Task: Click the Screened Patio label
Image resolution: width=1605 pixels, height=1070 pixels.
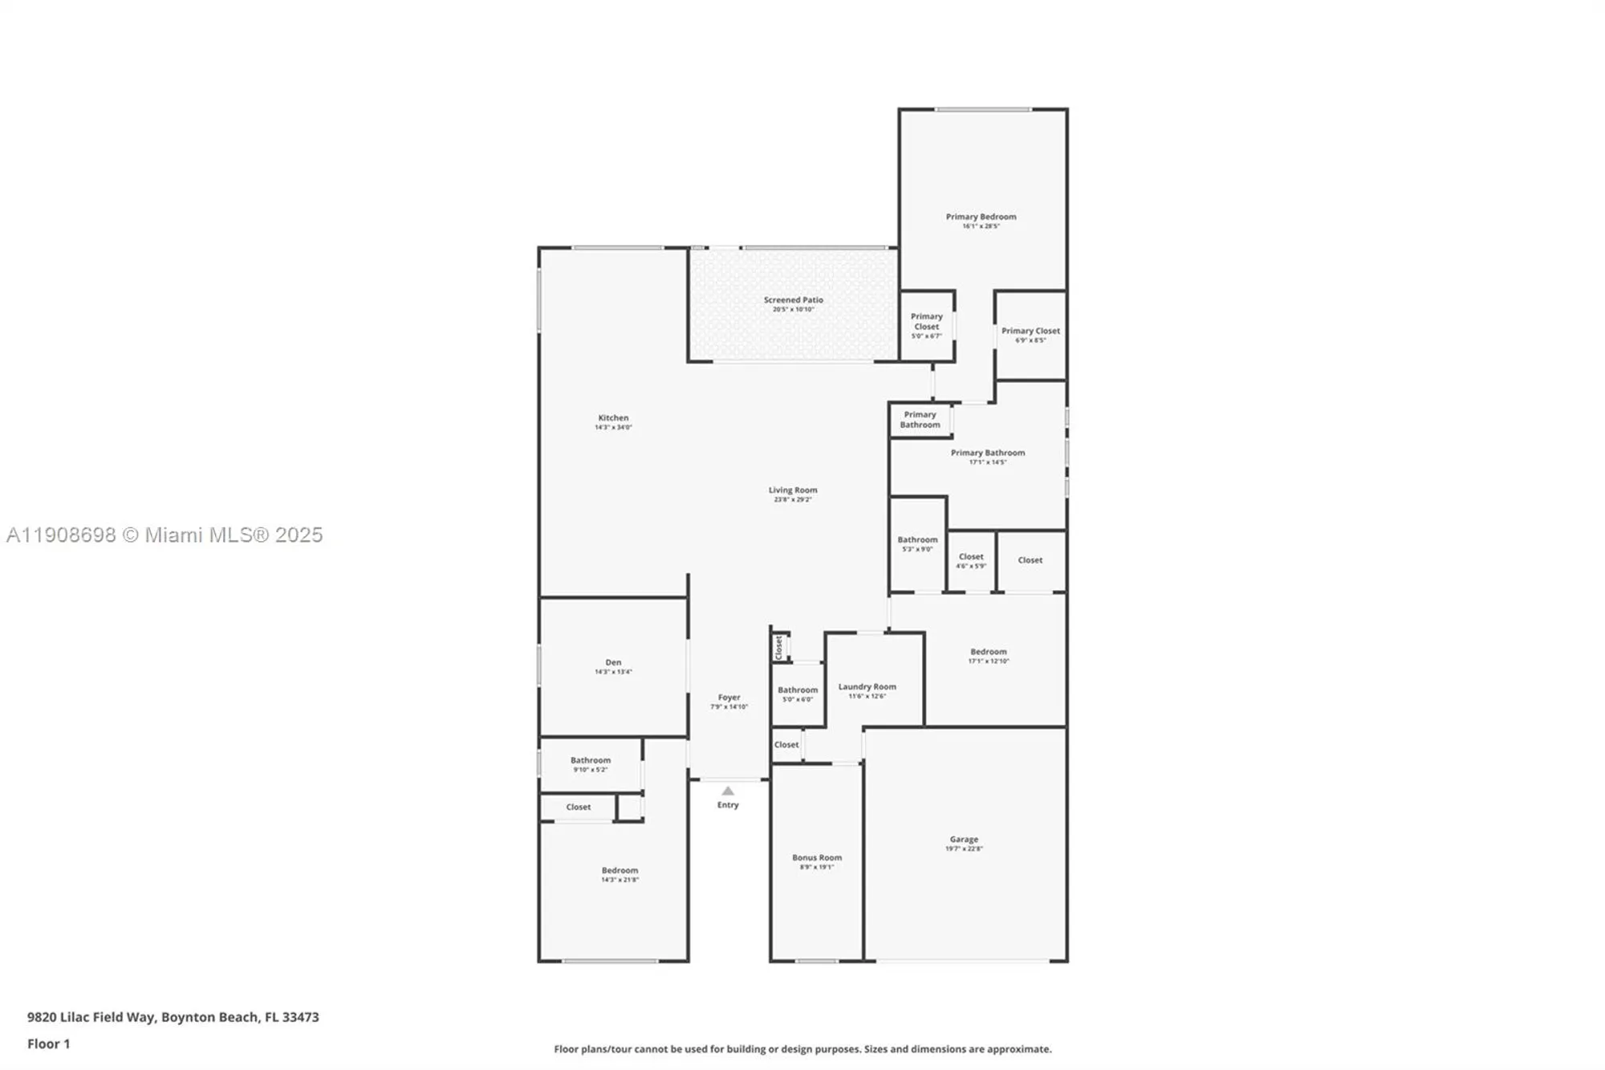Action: coord(793,303)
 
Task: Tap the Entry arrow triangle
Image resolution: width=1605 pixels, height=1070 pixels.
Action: coord(728,791)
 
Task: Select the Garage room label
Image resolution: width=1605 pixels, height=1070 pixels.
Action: coord(964,843)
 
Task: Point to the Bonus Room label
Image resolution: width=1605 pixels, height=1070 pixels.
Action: coord(817,861)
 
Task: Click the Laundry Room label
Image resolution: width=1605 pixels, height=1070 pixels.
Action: coord(867,690)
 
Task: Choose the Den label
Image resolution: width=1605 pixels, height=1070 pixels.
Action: coord(613,666)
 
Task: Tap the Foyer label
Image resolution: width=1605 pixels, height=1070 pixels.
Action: coord(729,702)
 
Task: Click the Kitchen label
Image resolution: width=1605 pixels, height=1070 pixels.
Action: coord(613,421)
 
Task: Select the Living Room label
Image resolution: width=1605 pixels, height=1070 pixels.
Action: coord(793,494)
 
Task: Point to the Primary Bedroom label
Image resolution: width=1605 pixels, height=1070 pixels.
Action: coord(981,220)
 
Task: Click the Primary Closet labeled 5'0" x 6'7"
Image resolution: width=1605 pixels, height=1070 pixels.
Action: coord(926,325)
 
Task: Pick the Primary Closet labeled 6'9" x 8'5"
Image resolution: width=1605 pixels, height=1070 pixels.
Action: coord(1030,334)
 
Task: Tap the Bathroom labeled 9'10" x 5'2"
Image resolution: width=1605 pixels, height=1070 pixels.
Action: coord(591,763)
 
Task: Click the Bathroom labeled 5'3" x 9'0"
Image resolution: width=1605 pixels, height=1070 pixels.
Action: coord(917,543)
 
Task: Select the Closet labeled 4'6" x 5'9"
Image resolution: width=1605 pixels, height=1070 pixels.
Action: coord(970,560)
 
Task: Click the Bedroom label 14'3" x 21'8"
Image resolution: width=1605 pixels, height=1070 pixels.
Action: coord(620,874)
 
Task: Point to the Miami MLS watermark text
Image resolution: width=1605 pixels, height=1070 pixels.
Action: coord(164,535)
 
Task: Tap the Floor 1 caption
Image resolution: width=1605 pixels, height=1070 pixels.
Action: coord(48,1044)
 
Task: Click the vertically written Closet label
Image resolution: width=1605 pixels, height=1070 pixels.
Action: coord(778,647)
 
